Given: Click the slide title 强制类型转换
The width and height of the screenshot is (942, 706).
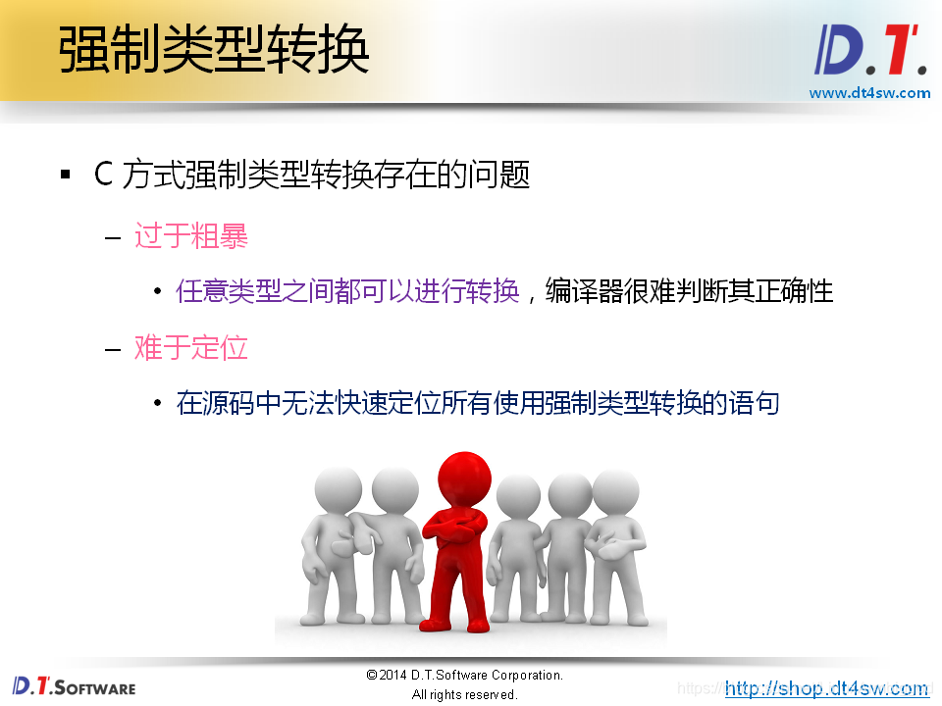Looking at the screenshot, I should (x=214, y=49).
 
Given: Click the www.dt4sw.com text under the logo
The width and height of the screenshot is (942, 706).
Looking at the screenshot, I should (x=869, y=93).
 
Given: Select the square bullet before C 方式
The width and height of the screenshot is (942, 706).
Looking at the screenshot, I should (x=66, y=176).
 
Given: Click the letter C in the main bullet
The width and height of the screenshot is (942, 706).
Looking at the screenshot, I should (x=103, y=176).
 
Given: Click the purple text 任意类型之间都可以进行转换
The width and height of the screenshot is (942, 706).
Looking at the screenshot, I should (x=347, y=291).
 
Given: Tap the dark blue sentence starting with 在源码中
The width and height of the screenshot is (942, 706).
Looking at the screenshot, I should (x=478, y=403).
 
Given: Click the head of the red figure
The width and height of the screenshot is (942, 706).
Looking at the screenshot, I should (x=463, y=479).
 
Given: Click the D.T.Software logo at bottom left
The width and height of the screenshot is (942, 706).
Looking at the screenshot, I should (x=74, y=685).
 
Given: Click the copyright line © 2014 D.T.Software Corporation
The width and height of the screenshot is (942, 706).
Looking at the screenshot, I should (x=464, y=675).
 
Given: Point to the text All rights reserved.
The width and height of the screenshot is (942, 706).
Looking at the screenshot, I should (x=464, y=694).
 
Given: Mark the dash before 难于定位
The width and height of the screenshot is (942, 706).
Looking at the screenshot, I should (x=113, y=348).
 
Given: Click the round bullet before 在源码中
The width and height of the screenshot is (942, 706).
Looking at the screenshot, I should (x=157, y=404).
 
